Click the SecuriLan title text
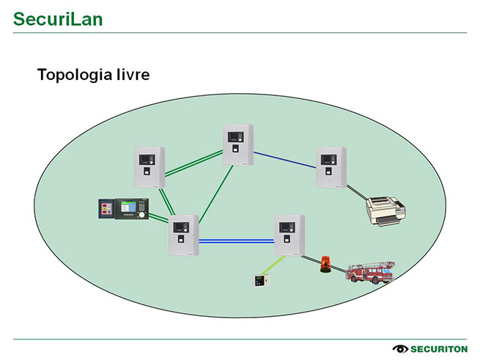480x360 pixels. click(57, 18)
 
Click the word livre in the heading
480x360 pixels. click(130, 75)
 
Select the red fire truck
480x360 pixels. click(370, 273)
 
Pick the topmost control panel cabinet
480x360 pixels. click(237, 145)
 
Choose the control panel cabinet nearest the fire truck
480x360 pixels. click(289, 235)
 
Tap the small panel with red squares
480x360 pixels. click(108, 209)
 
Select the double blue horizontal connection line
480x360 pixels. click(236, 240)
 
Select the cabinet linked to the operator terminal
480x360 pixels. click(183, 235)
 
